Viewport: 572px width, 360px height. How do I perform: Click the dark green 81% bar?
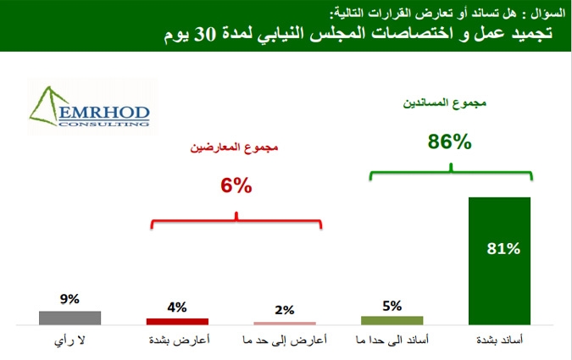click(499, 261)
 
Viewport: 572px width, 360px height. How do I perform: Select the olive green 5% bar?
click(392, 320)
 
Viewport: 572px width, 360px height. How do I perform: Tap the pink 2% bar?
click(285, 324)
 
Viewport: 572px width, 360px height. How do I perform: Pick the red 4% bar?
click(177, 321)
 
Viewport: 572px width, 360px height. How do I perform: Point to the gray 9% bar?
click(70, 318)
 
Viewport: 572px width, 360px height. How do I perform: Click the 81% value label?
click(503, 249)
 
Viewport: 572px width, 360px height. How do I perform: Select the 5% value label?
click(392, 306)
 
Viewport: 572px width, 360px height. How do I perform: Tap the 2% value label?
click(285, 310)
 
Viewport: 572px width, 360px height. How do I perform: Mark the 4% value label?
click(177, 307)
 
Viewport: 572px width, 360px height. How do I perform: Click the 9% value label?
click(69, 299)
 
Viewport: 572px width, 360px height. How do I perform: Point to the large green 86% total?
click(450, 141)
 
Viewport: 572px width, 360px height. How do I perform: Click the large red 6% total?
click(236, 186)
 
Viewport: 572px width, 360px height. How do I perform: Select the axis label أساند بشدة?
click(499, 341)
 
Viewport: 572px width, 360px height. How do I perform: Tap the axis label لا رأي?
click(69, 341)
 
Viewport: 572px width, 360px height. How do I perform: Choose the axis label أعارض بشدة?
click(179, 341)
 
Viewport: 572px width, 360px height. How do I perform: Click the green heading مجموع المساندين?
click(445, 103)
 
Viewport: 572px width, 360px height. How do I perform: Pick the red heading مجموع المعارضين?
click(234, 147)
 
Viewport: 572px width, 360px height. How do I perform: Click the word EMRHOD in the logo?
click(104, 113)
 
